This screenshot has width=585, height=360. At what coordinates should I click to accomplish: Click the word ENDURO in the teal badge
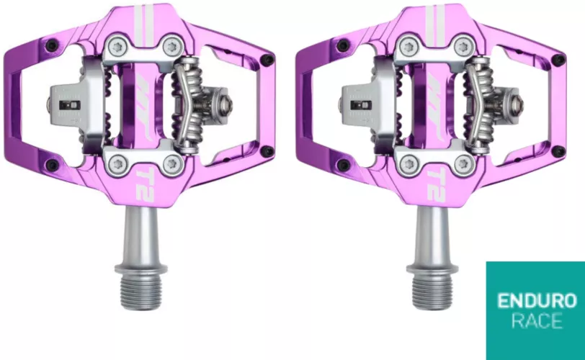535,300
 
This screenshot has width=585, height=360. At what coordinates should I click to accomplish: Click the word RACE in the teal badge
535,321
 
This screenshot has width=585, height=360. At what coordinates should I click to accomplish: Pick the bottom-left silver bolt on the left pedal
116,162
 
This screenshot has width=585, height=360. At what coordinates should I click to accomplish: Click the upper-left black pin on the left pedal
50,45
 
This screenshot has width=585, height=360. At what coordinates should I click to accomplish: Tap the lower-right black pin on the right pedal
557,151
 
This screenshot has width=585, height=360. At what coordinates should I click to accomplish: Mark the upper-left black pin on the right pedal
342,45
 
